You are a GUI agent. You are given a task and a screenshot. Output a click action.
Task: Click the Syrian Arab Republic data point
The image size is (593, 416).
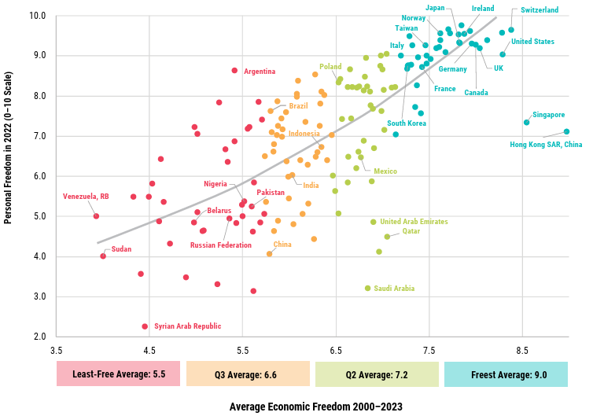(x=145, y=326)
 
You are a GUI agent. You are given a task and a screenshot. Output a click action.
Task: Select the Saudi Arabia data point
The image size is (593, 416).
(x=367, y=289)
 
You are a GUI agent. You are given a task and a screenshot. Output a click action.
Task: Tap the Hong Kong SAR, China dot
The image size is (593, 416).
(x=566, y=132)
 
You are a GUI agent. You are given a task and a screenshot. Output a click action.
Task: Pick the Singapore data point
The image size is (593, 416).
(x=527, y=122)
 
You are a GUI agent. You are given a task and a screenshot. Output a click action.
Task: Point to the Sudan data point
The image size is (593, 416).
(x=103, y=256)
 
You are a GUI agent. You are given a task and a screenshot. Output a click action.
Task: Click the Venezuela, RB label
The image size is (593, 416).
(x=86, y=197)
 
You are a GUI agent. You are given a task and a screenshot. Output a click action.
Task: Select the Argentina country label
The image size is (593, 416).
(x=260, y=72)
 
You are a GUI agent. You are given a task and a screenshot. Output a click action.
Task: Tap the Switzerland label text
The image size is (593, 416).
(x=540, y=10)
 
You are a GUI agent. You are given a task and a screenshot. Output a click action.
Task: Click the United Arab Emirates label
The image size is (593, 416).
(x=414, y=222)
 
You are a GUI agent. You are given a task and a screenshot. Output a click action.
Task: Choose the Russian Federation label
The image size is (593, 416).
(x=221, y=245)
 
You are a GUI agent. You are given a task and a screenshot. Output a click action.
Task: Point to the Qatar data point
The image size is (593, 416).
(x=387, y=237)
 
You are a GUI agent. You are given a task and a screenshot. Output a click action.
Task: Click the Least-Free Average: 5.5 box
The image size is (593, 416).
(x=119, y=374)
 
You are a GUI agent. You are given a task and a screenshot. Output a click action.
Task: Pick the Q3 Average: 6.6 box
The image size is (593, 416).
(x=248, y=374)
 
